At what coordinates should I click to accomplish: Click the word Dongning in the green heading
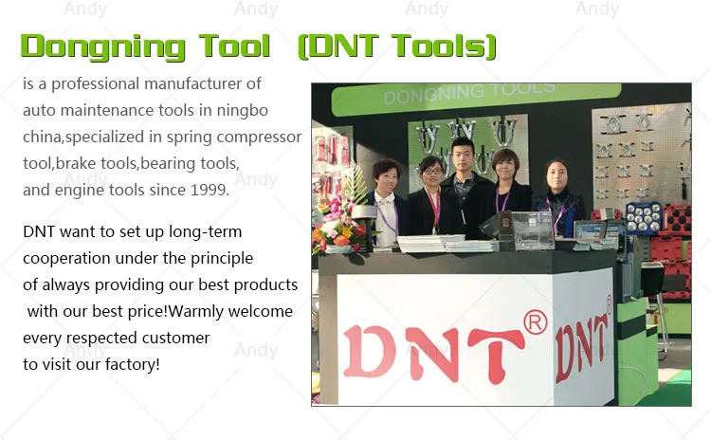click(x=103, y=47)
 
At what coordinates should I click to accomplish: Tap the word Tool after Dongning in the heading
click(x=234, y=46)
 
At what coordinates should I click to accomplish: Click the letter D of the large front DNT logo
click(x=368, y=351)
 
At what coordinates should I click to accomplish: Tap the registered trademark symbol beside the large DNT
click(x=536, y=322)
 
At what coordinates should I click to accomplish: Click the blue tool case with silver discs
click(x=644, y=219)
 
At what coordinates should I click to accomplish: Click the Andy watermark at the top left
click(x=85, y=9)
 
